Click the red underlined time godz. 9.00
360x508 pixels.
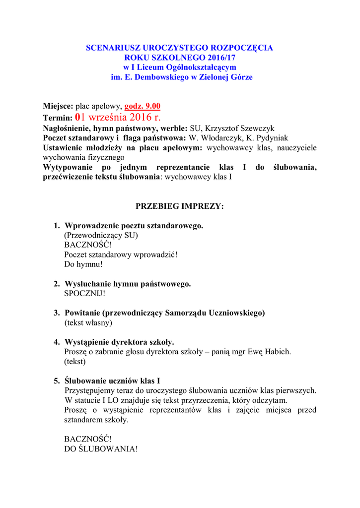[142, 106]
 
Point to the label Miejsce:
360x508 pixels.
[58, 106]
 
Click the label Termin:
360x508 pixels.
[58, 118]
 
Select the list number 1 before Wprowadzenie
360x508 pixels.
[57, 226]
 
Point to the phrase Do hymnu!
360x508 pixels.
[83, 264]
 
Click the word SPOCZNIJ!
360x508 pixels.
[85, 293]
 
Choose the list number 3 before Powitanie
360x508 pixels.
[57, 313]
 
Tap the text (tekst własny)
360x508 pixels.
[88, 322]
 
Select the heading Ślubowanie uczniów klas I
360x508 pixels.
[112, 381]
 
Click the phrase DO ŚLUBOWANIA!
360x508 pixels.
[101, 448]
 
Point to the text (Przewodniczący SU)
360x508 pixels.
[101, 235]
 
